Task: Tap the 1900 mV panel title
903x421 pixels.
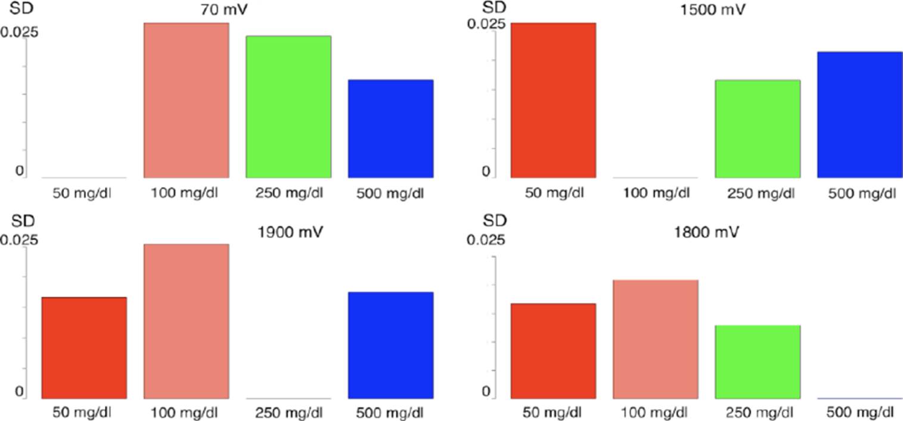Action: click(291, 232)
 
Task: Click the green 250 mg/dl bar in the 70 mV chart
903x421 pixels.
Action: click(288, 107)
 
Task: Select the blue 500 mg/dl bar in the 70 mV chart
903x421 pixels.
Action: click(390, 129)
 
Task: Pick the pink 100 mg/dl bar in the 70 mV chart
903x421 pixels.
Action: click(187, 100)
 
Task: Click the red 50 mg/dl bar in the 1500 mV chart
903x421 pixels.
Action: click(553, 100)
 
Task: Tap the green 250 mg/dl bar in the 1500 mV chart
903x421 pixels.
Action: click(758, 129)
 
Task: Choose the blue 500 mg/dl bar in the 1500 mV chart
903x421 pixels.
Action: click(859, 114)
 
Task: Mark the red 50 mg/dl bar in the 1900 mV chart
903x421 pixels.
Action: click(84, 348)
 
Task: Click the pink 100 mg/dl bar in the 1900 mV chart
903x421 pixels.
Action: click(187, 321)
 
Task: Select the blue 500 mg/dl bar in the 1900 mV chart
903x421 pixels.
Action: click(390, 345)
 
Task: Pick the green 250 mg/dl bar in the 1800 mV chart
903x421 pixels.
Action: click(758, 361)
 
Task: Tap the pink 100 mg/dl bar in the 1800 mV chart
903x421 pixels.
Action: click(656, 339)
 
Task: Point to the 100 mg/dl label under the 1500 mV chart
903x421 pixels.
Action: click(656, 194)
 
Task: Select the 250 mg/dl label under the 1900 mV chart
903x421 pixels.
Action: click(288, 412)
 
